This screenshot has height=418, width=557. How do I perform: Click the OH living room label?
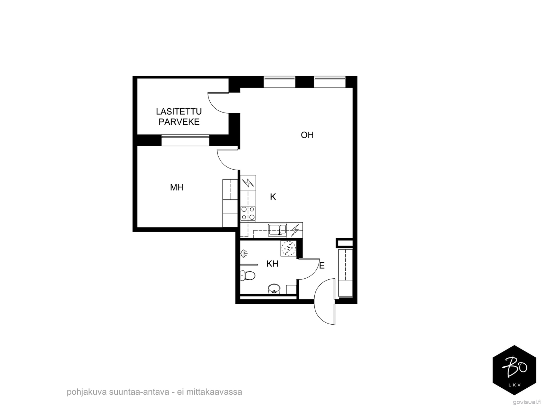[307, 135]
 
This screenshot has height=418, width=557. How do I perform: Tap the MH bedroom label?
[176, 187]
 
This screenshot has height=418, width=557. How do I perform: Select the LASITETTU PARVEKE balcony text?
[179, 117]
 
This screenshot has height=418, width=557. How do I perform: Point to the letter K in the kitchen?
[273, 197]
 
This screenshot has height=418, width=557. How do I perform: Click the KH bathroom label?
[272, 264]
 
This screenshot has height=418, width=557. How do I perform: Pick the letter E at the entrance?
[322, 266]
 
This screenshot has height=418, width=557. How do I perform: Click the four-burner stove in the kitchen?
[248, 213]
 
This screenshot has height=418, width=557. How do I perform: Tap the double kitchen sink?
[277, 229]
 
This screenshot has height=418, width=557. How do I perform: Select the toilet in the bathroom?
[248, 276]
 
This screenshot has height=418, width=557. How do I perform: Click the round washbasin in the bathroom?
[274, 289]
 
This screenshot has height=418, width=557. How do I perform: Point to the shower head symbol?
[244, 253]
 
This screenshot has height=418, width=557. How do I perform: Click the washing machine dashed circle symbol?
[288, 248]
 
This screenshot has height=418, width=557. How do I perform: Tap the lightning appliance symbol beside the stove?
[248, 183]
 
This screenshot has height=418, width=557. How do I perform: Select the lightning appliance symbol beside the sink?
[295, 230]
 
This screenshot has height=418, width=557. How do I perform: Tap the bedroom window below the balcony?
[185, 140]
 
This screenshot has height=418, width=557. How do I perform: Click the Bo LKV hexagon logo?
[514, 370]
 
